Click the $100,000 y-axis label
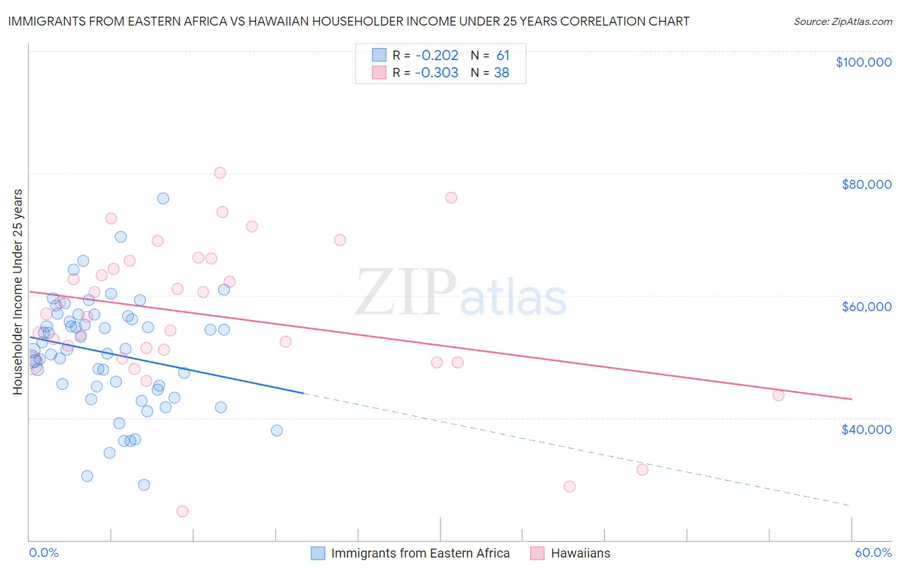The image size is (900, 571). [864, 62]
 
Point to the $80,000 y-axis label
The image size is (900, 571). [866, 184]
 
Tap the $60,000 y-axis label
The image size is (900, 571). [866, 307]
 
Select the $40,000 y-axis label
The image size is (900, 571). [866, 430]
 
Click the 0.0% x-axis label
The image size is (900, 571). [44, 553]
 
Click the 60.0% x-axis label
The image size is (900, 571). [873, 553]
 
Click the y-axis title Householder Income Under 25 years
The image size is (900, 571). [17, 292]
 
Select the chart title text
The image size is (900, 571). [348, 21]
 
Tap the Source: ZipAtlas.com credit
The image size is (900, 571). [842, 21]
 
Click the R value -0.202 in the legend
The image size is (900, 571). [437, 56]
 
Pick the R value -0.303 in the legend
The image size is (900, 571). [437, 73]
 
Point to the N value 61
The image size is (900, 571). [502, 56]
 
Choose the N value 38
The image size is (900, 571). [501, 73]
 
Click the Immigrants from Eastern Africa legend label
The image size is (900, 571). [420, 553]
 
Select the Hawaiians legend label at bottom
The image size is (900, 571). [580, 553]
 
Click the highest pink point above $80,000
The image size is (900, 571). [220, 173]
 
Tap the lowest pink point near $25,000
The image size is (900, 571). [182, 511]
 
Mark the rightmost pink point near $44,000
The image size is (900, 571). [778, 396]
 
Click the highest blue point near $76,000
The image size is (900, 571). [163, 198]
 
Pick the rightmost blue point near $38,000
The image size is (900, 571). [277, 431]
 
